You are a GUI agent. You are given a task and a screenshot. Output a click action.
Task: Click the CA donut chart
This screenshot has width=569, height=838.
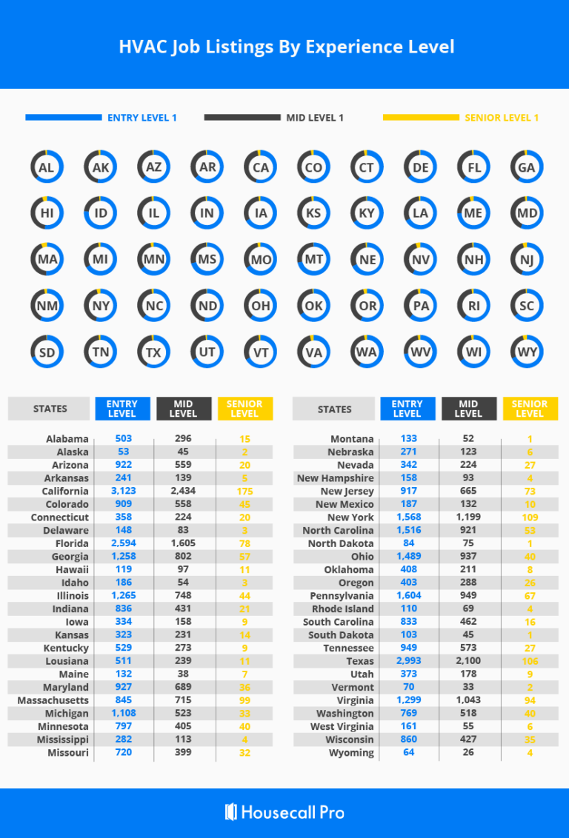tap(260, 167)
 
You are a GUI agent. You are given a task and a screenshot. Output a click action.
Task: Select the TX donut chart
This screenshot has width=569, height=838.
tap(153, 352)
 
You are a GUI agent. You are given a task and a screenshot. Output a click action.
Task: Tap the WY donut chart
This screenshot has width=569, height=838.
tap(527, 352)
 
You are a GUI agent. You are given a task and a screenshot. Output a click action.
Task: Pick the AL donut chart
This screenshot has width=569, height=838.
tap(47, 167)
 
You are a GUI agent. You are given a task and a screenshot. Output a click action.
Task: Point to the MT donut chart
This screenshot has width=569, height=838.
tap(313, 260)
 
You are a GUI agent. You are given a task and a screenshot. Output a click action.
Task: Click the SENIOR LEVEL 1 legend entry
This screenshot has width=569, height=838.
tap(502, 118)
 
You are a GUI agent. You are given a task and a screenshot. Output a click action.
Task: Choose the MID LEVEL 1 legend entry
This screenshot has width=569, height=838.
tap(315, 118)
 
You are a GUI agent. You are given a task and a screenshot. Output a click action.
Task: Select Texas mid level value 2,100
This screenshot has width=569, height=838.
tap(468, 661)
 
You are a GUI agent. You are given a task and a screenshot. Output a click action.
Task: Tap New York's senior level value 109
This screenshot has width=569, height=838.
tap(530, 517)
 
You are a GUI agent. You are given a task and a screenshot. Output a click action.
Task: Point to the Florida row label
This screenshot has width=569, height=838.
tap(72, 543)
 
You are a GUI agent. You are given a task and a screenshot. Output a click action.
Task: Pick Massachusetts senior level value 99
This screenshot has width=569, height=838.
tap(244, 700)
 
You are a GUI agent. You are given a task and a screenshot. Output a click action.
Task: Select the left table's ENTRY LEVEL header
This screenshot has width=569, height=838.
tap(122, 409)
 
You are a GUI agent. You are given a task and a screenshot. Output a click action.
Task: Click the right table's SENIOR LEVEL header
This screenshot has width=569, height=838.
tap(530, 409)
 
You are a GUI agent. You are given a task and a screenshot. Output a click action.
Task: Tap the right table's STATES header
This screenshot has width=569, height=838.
tap(335, 409)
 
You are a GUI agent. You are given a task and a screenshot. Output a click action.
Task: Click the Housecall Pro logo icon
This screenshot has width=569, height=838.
tap(230, 811)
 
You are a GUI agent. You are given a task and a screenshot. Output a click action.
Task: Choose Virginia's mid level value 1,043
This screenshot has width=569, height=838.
tap(468, 700)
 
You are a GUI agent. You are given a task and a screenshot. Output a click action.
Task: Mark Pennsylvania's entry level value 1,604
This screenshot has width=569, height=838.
tap(408, 596)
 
